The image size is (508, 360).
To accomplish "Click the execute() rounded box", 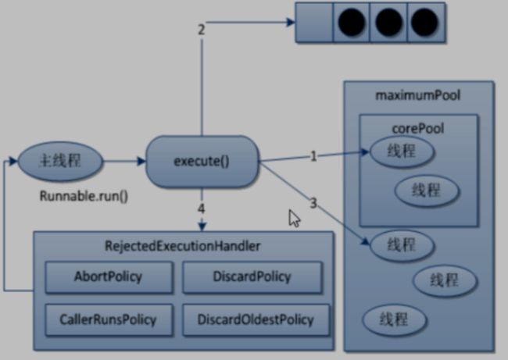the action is pyautogui.click(x=202, y=161).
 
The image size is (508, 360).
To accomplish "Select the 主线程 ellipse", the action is pyautogui.click(x=60, y=161).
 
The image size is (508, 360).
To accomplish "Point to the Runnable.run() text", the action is pyautogui.click(x=84, y=196).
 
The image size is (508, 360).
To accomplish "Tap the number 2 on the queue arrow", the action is pyautogui.click(x=201, y=30).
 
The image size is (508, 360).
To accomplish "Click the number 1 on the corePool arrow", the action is pyautogui.click(x=313, y=156).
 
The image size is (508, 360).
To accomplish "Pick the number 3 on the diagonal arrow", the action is pyautogui.click(x=313, y=203).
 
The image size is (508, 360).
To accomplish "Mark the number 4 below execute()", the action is pyautogui.click(x=201, y=209).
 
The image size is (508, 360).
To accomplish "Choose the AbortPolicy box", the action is pyautogui.click(x=109, y=277).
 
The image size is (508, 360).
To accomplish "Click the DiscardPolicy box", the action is pyautogui.click(x=252, y=277).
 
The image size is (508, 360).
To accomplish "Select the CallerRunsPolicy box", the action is pyautogui.click(x=109, y=319).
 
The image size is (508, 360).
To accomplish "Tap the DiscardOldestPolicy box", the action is pyautogui.click(x=256, y=319).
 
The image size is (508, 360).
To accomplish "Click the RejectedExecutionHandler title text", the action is pyautogui.click(x=182, y=246).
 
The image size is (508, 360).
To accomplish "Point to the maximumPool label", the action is pyautogui.click(x=417, y=95).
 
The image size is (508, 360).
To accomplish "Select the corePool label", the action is pyautogui.click(x=418, y=129).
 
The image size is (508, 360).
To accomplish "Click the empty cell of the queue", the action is pyautogui.click(x=314, y=23).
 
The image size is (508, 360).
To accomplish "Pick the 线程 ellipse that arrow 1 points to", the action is pyautogui.click(x=402, y=151).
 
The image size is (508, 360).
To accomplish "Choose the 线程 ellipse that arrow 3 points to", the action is pyautogui.click(x=402, y=245).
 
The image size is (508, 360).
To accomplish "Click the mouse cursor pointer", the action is pyautogui.click(x=295, y=219).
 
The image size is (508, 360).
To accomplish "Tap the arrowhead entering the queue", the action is pyautogui.click(x=291, y=23).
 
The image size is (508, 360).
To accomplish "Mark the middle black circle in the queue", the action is pyautogui.click(x=388, y=23).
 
